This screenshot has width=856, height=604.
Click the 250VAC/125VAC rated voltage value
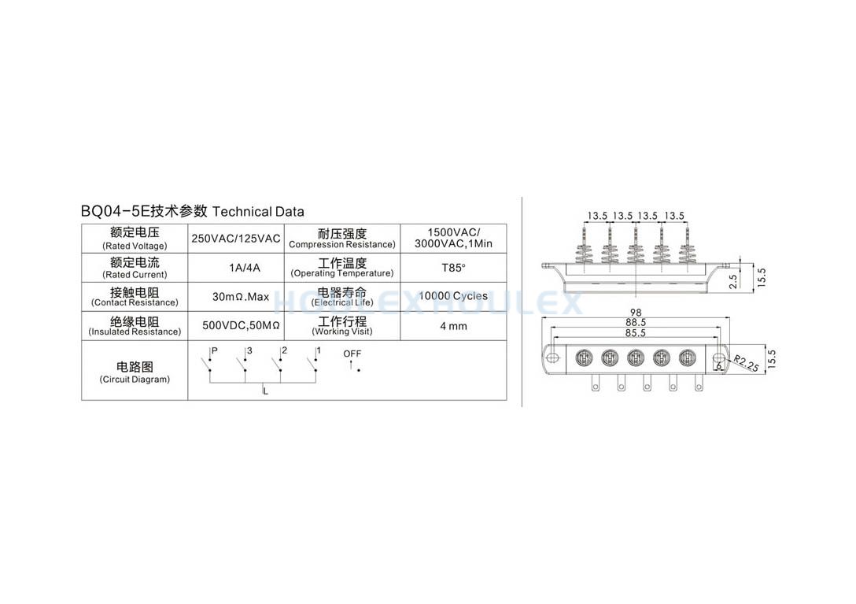235,239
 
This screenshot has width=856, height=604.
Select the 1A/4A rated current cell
244,268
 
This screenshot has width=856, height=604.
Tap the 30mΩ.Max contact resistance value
240,297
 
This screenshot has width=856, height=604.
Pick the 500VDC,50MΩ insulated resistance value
241,326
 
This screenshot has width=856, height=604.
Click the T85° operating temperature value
453,268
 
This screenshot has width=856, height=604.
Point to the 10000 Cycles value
453,296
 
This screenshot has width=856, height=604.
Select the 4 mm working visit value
453,326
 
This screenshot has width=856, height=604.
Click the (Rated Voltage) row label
135,246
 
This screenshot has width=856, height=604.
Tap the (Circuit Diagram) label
135,380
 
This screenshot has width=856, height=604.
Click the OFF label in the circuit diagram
352,354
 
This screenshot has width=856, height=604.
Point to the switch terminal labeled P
215,350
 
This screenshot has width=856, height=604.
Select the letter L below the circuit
265,391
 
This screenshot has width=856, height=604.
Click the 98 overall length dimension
636,313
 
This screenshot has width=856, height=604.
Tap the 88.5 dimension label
636,323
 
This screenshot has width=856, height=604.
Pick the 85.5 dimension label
636,333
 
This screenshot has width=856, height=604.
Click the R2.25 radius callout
746,363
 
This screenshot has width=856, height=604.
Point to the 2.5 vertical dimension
733,281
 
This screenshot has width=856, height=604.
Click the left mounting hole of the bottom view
553,358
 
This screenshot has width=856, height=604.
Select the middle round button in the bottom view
636,358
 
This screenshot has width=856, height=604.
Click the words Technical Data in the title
258,212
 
